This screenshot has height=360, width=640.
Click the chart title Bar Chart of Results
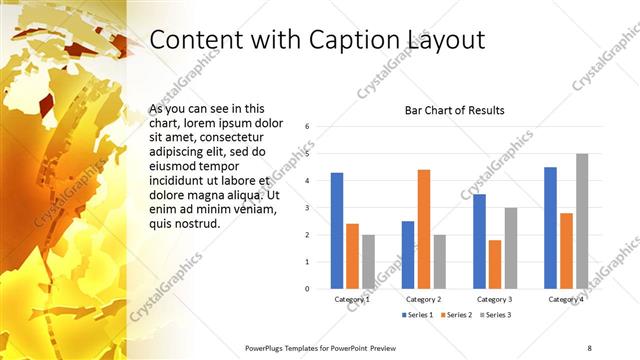(x=454, y=110)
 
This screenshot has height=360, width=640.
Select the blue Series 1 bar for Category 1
(x=337, y=230)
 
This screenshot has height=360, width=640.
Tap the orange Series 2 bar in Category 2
(x=423, y=228)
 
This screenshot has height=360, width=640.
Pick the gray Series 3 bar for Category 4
(x=582, y=220)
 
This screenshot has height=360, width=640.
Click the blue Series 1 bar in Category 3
(x=479, y=240)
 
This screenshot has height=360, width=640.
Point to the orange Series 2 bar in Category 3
(x=495, y=263)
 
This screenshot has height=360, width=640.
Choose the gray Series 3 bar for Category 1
(x=368, y=261)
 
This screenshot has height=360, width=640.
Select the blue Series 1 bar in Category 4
(x=550, y=227)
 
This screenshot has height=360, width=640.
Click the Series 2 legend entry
(x=457, y=315)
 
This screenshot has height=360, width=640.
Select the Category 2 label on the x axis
(x=423, y=299)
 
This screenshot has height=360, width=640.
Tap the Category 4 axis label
(x=566, y=299)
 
